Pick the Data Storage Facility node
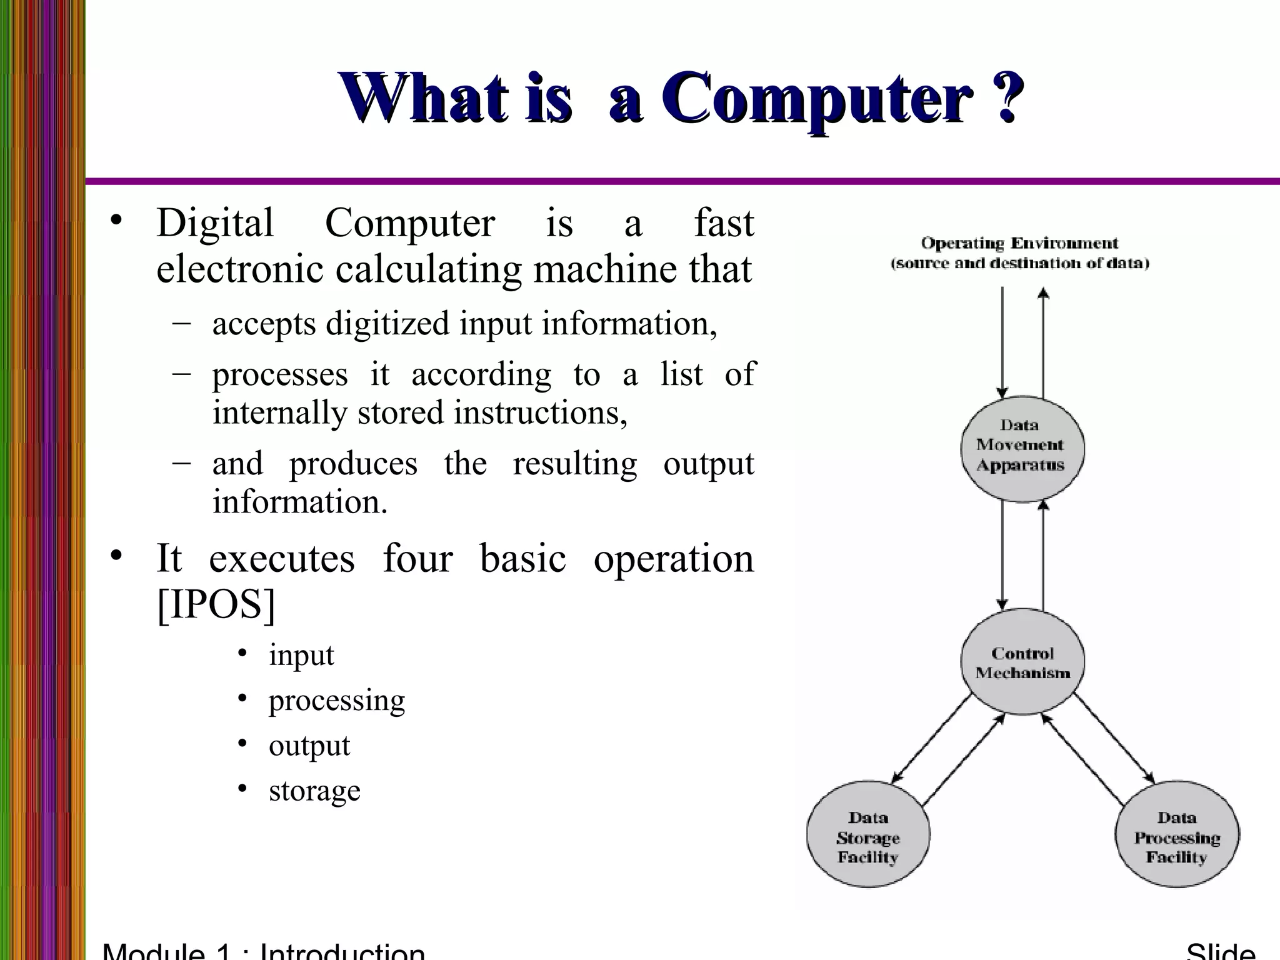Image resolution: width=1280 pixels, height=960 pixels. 868,836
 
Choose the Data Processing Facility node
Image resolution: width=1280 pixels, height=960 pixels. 1177,836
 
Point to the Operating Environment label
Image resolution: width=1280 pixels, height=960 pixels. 1019,242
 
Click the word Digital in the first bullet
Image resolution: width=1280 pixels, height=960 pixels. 215,223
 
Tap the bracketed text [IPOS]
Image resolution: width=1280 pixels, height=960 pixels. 216,604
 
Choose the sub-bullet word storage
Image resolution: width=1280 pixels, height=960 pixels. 314,791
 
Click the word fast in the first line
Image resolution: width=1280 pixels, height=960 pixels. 724,223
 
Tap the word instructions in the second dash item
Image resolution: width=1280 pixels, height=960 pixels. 540,412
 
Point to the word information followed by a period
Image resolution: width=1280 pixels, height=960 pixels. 300,502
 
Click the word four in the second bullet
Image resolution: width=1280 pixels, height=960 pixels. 417,558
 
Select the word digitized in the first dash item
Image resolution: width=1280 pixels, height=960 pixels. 387,324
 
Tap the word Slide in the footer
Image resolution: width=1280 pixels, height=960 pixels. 1220,951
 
